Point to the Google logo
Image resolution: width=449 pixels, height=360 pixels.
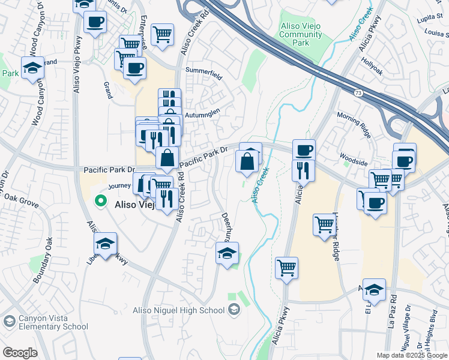coord(19,353)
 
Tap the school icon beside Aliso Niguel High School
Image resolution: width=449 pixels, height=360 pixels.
coord(234,310)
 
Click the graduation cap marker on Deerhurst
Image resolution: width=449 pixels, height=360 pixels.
coord(227,254)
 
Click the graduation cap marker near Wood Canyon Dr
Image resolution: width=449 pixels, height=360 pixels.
coord(32,68)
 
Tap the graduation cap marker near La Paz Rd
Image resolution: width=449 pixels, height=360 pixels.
coord(374,290)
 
